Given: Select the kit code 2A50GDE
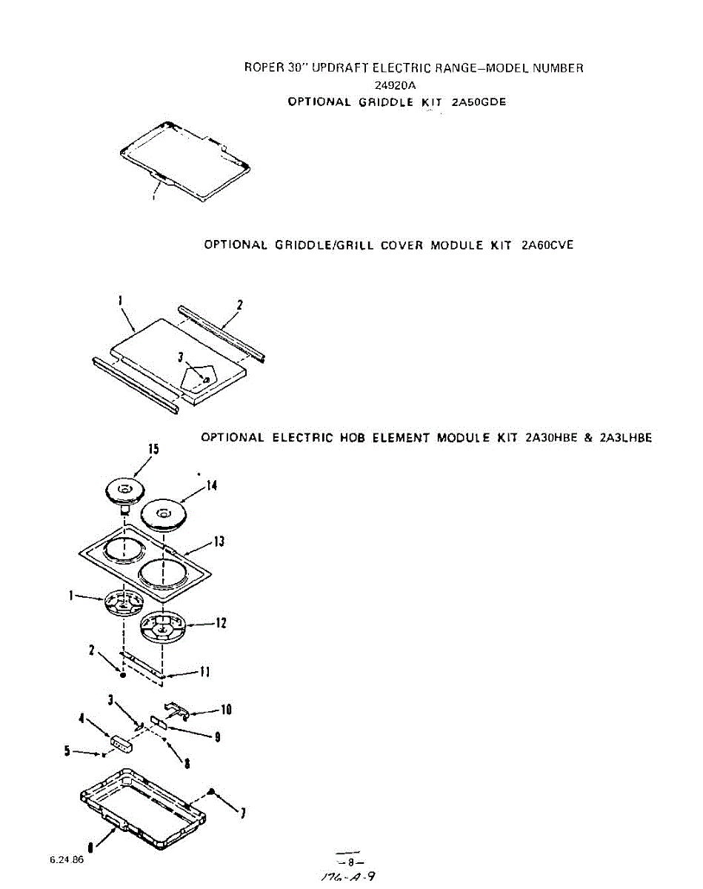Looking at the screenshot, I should coord(479,102).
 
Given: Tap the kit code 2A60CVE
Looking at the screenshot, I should coord(547,245).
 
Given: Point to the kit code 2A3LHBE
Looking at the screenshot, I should coord(627,438).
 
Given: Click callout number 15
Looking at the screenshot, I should coord(153,449).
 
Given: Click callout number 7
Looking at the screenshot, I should coord(243,814).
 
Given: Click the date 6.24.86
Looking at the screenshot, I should coord(67,861).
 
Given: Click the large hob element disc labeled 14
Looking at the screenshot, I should coord(162,513).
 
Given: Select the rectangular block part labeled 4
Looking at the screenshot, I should coord(121,742).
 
